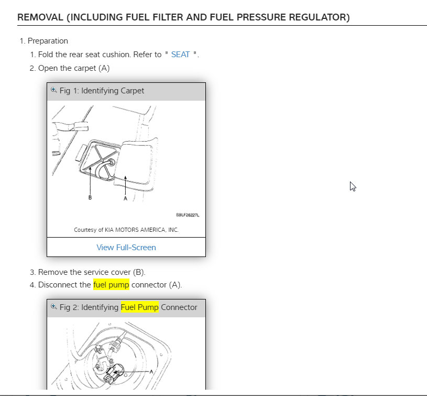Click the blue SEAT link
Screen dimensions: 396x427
click(x=180, y=55)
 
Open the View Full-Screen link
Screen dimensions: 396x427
click(x=126, y=247)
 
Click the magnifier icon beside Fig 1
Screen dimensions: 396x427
click(x=53, y=90)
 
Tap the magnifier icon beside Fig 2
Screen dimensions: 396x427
click(x=53, y=307)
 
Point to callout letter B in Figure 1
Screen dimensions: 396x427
click(x=90, y=198)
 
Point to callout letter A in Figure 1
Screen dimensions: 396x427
click(x=125, y=199)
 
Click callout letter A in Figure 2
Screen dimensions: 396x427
click(x=151, y=371)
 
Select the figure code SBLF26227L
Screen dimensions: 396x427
click(x=188, y=215)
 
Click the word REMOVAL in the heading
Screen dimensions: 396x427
click(x=40, y=18)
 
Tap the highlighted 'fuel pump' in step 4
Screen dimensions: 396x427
click(x=111, y=285)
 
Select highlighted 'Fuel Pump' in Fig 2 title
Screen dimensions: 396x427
click(x=140, y=307)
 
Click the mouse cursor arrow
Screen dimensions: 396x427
click(x=353, y=186)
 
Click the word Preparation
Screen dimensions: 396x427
click(x=48, y=41)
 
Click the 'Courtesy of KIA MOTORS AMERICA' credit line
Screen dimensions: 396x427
click(x=126, y=230)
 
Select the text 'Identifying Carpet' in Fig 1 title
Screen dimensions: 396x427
click(x=113, y=91)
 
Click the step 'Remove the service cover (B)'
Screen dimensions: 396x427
click(x=92, y=272)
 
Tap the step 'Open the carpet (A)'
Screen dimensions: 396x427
click(x=73, y=68)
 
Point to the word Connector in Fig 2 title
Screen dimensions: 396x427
click(x=179, y=307)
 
